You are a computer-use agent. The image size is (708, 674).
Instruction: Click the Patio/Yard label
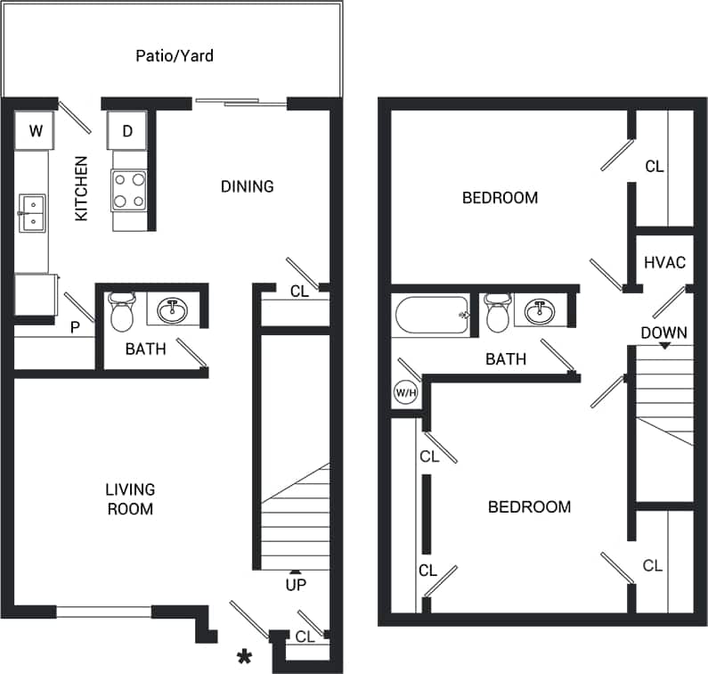[x=175, y=56]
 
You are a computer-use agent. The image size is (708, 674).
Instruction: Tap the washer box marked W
[x=36, y=132]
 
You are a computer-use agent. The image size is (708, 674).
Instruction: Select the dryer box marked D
[x=127, y=132]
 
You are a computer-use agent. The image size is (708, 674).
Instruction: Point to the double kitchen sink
[x=33, y=213]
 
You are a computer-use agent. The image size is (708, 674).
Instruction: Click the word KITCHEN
[x=81, y=189]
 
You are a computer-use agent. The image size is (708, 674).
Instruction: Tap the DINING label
[x=247, y=186]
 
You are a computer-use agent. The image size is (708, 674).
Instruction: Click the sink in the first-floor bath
[x=172, y=311]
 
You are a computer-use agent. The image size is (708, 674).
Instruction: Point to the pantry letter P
[x=76, y=327]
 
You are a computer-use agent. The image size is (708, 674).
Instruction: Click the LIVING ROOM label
[x=130, y=499]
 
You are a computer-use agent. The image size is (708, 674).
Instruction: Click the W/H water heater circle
[x=405, y=392]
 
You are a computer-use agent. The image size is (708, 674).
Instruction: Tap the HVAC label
[x=664, y=262]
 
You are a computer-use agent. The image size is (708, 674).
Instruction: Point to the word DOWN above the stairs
[x=663, y=333]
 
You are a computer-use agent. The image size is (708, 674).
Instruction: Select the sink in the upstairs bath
[x=538, y=312]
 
